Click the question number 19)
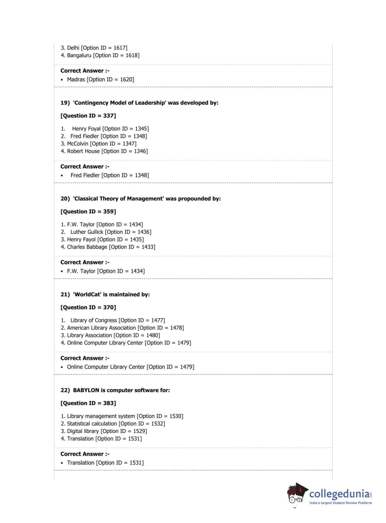point(65,103)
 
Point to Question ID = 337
point(88,116)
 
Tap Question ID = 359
point(88,212)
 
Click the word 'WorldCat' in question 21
point(87,295)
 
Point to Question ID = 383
point(88,403)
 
